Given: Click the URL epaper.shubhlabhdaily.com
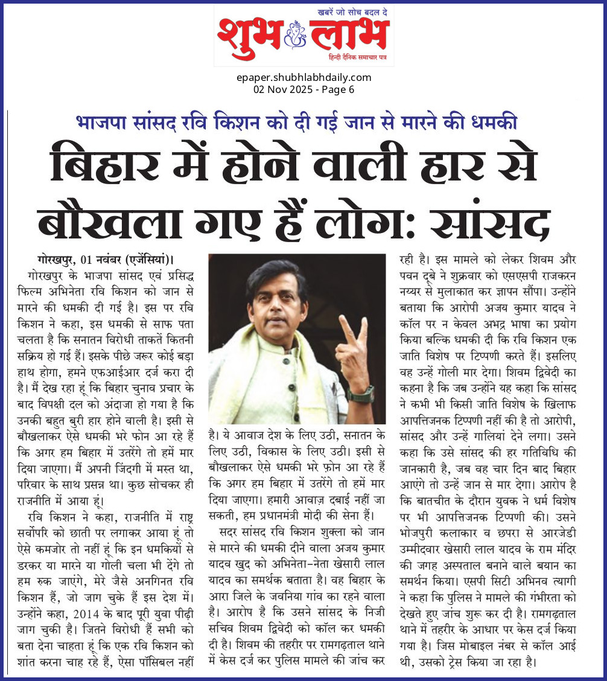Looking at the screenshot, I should point(303,77).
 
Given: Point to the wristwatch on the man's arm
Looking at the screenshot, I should point(361,394).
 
